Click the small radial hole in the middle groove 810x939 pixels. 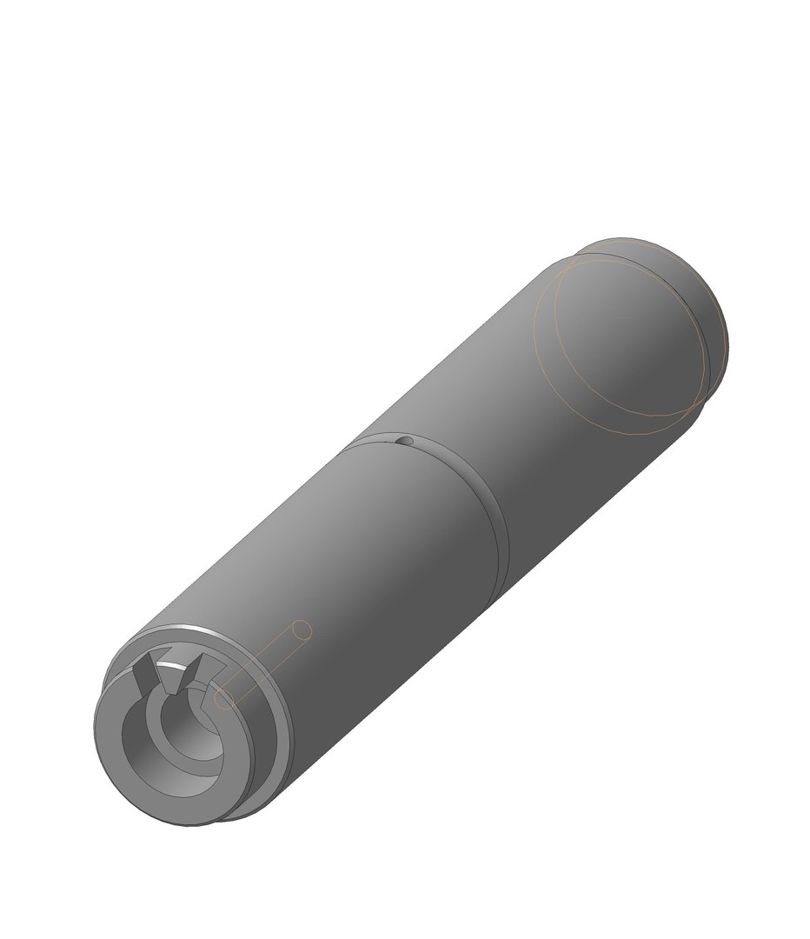[404, 442]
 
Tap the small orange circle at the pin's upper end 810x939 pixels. [302, 629]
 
